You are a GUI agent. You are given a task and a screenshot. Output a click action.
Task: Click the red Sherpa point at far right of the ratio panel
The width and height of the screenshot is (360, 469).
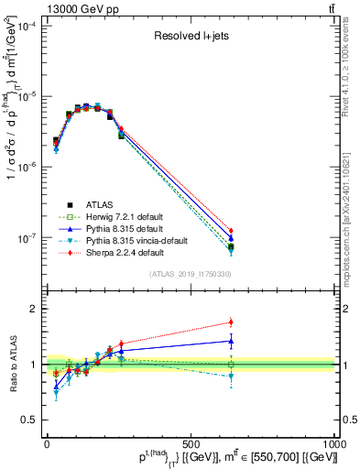231,322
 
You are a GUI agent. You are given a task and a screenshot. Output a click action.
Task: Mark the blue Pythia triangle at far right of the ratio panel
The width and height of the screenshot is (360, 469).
231,341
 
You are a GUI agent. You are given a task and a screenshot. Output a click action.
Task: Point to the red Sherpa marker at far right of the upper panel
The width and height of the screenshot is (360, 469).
231,231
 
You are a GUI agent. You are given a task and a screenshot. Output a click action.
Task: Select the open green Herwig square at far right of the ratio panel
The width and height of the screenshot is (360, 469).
231,365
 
